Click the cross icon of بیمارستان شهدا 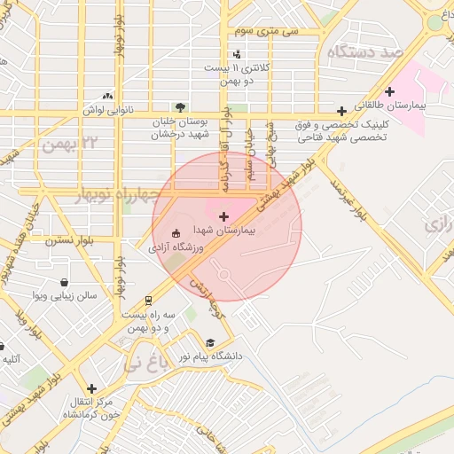tap(223, 215)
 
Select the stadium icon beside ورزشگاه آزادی tap(175, 234)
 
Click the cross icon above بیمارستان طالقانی tap(389, 90)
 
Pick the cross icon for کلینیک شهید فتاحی tap(342, 111)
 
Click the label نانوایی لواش tap(107, 110)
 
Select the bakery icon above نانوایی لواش tap(107, 96)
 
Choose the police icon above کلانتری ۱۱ tap(236, 54)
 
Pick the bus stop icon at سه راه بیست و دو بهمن tap(149, 300)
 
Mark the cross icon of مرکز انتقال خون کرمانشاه tap(91, 387)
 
